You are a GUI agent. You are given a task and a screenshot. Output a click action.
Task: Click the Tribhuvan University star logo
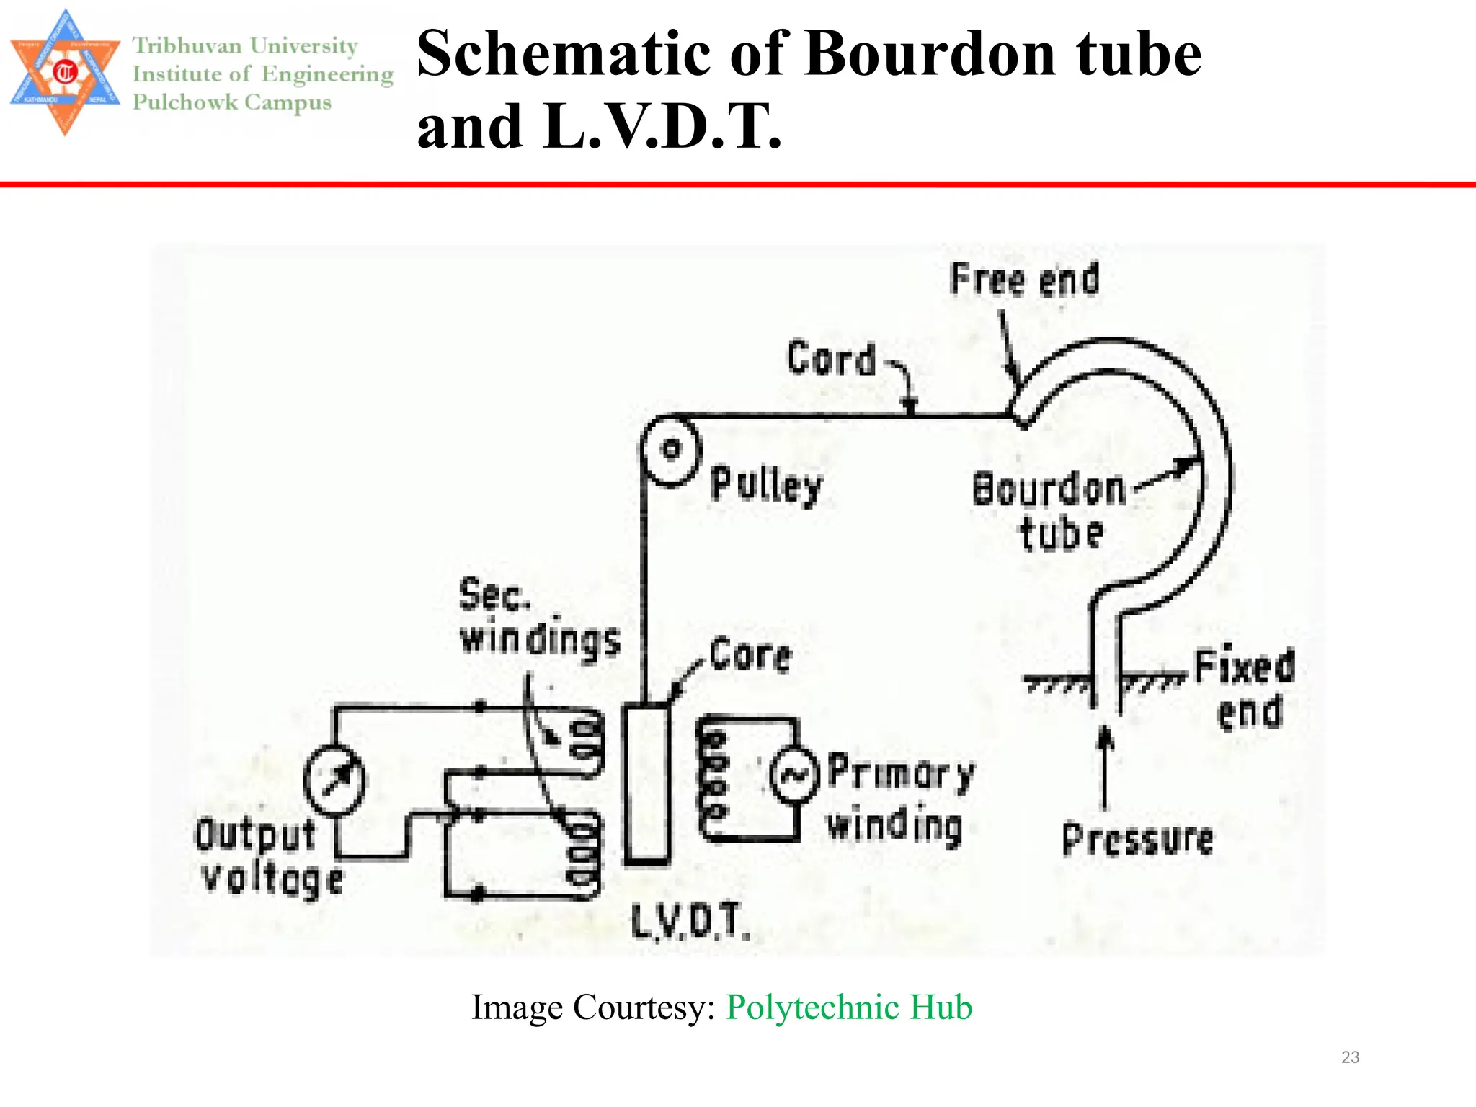pos(65,72)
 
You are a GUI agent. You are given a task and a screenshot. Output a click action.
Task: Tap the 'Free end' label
pos(1025,280)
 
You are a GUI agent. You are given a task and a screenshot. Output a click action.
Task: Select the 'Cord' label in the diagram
pos(832,358)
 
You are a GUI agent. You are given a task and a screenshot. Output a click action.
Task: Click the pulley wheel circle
pos(670,450)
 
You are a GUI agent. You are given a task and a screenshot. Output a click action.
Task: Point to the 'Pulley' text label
pos(766,485)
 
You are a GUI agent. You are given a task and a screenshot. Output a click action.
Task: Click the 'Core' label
pos(750,655)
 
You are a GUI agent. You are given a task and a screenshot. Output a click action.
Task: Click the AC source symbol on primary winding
pos(795,775)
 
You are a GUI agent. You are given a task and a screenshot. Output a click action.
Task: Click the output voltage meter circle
pos(334,781)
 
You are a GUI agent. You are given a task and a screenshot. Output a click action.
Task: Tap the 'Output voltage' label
pos(268,858)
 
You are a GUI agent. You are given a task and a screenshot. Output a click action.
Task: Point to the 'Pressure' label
pos(1138,840)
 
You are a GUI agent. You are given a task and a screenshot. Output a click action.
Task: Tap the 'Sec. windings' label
pos(539,618)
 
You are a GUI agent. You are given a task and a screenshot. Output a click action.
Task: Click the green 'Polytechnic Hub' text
pos(849,1007)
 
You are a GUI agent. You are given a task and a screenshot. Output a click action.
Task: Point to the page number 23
pos(1350,1057)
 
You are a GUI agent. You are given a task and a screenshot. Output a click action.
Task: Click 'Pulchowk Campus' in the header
pos(232,102)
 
